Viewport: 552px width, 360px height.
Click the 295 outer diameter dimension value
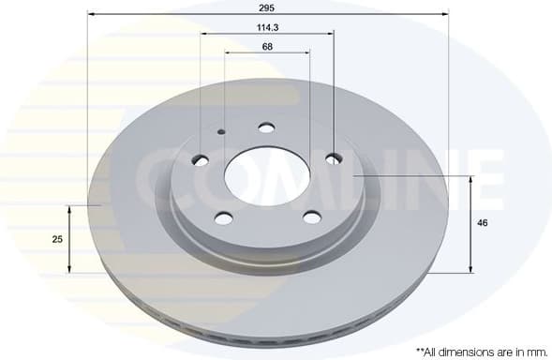267,7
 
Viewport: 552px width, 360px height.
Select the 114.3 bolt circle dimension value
267,26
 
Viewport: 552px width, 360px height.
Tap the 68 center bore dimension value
267,46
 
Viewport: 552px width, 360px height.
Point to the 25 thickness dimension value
57,239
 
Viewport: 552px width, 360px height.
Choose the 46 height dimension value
482,223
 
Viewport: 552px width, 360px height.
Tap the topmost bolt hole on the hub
265,128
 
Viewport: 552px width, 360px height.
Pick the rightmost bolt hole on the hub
333,159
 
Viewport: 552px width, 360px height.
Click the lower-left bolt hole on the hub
223,217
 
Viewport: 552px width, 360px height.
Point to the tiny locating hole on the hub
221,132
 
